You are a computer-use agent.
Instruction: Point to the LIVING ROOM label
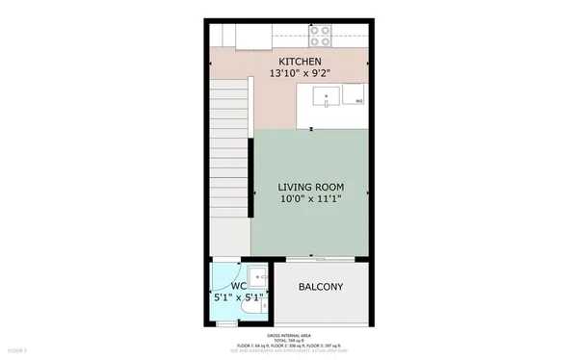(310, 187)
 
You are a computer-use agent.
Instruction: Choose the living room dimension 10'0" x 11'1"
(310, 200)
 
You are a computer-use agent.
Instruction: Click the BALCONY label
(321, 288)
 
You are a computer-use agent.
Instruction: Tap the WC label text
(239, 285)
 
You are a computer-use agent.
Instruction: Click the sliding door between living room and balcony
(311, 259)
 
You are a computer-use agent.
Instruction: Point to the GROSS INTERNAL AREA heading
(289, 336)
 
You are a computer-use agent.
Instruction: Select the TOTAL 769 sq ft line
(289, 341)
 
